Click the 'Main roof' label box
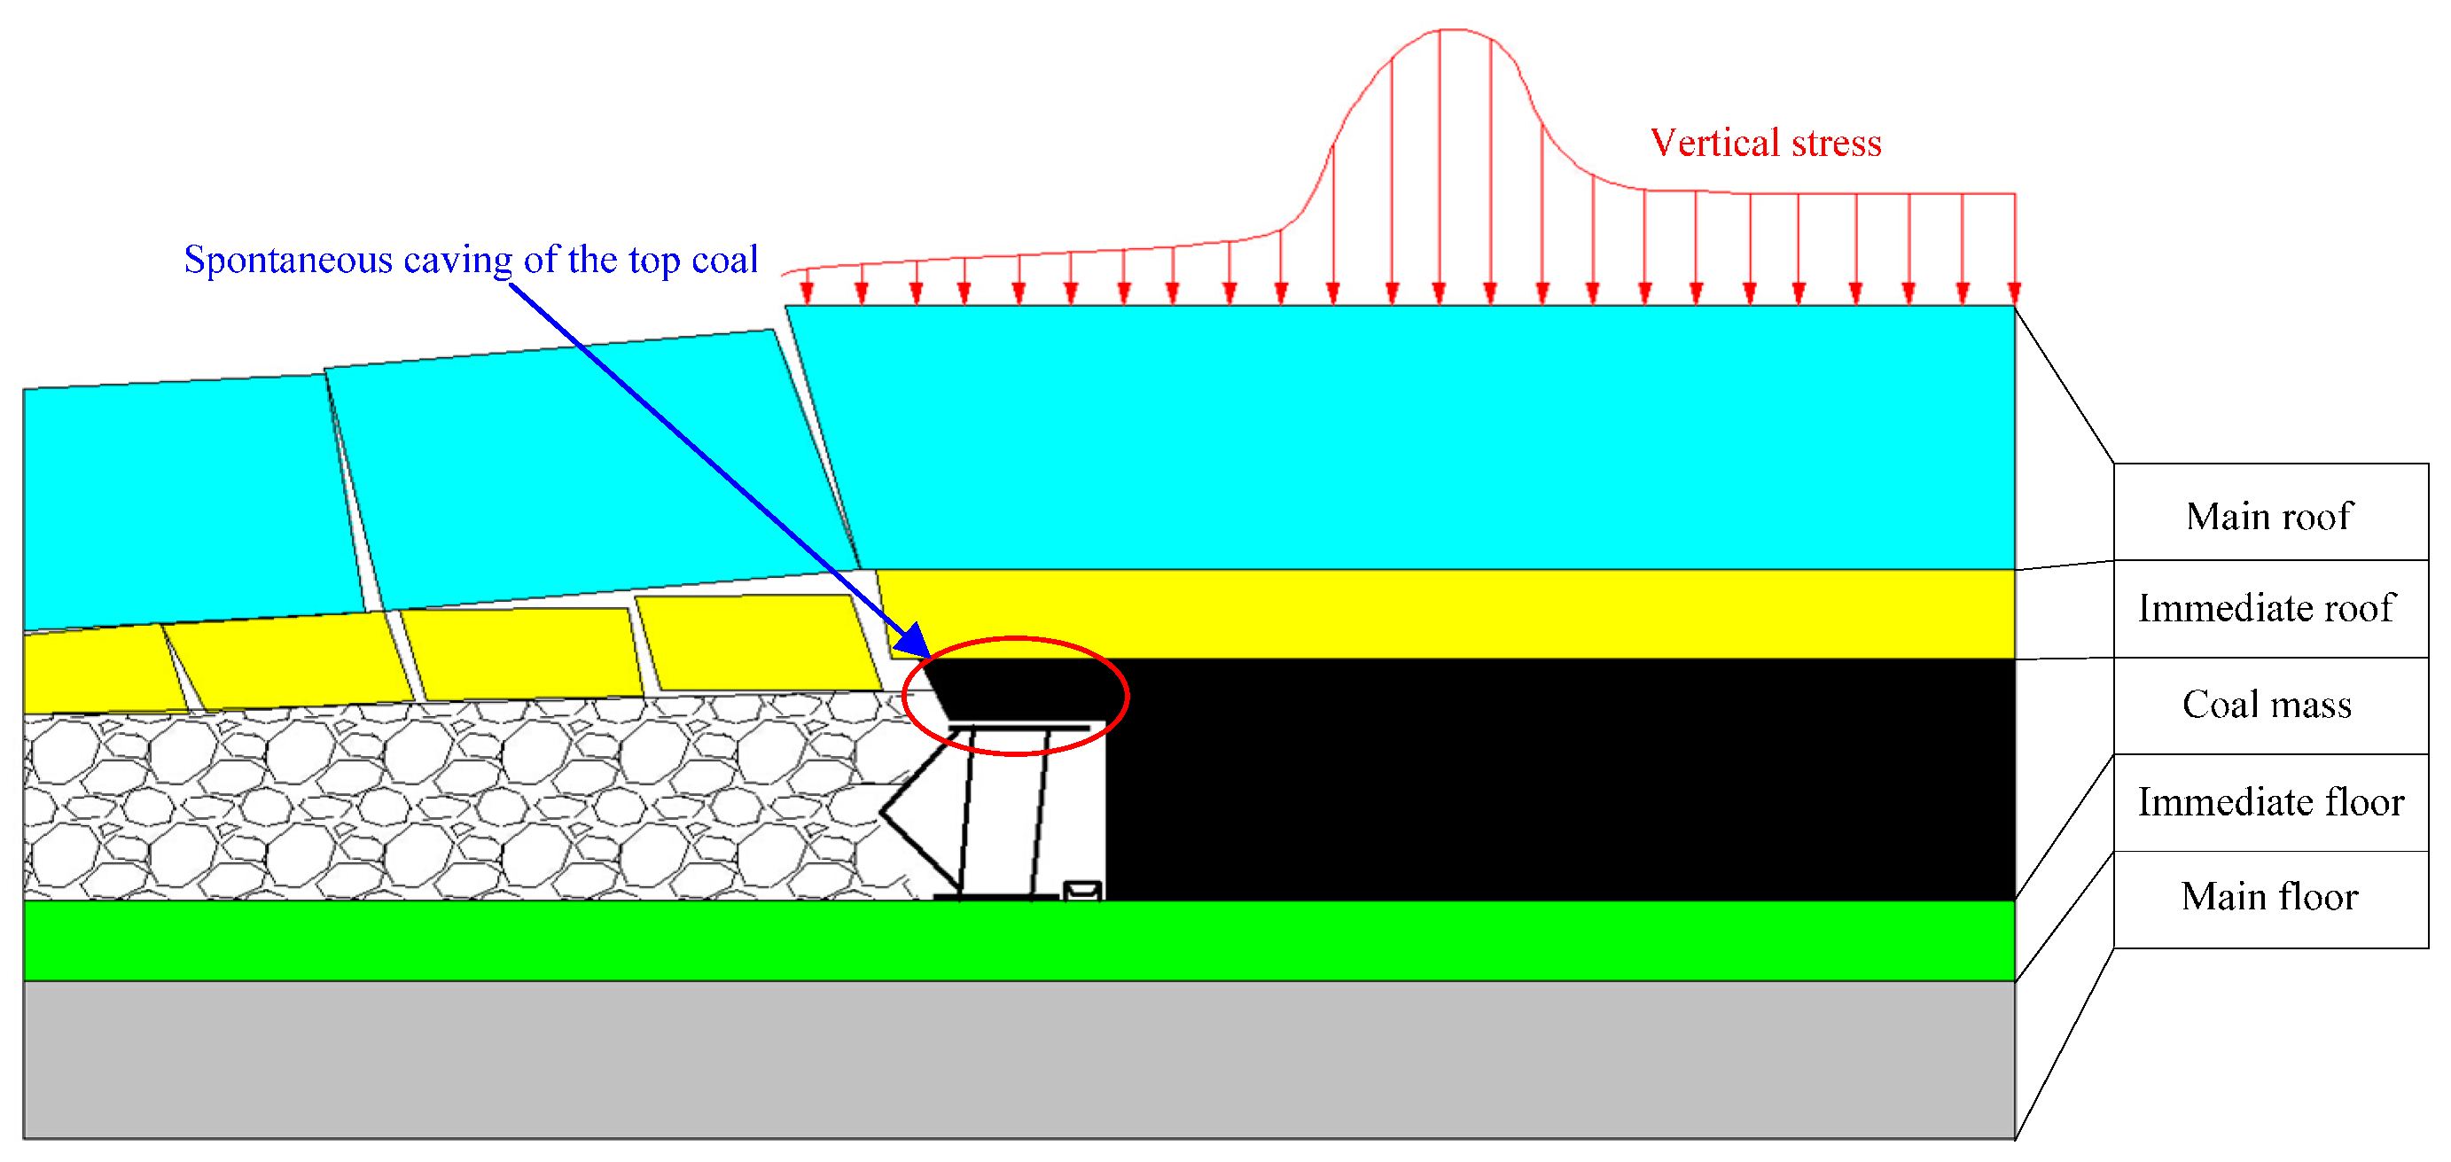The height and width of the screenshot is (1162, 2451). pos(2269,516)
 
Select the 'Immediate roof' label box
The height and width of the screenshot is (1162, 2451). pos(2269,609)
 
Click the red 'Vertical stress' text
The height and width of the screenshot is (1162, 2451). pos(1765,143)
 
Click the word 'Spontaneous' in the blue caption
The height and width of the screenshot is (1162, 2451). pos(288,260)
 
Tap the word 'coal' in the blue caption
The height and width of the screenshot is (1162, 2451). pos(725,260)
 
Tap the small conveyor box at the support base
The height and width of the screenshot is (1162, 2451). pos(1081,891)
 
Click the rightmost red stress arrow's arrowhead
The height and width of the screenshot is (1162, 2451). pos(2013,294)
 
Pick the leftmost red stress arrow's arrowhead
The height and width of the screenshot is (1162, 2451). pos(807,294)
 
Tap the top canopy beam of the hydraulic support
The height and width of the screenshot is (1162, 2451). pos(1019,728)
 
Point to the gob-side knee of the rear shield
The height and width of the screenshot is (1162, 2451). pos(883,813)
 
